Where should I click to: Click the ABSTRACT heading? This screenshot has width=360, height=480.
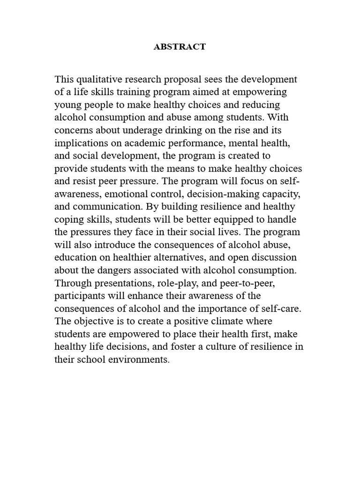click(x=180, y=47)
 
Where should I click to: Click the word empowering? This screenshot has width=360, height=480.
click(x=261, y=92)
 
